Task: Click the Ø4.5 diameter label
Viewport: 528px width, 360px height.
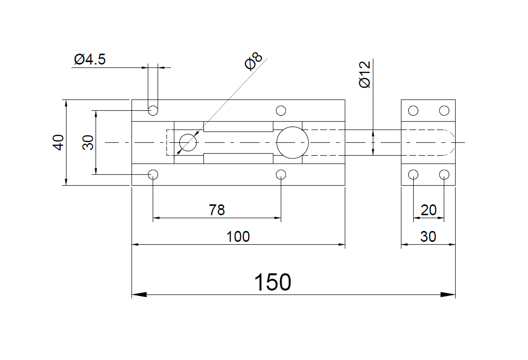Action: [90, 60]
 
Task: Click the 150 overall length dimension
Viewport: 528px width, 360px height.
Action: [272, 283]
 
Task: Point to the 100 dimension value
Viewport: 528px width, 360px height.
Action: [238, 236]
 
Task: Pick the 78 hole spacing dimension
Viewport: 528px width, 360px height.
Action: [217, 210]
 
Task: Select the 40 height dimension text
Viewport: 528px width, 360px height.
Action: [59, 142]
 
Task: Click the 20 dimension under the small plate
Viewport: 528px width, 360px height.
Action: [429, 210]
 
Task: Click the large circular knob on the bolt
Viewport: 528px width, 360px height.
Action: [292, 142]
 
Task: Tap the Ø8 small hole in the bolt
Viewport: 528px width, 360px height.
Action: [188, 143]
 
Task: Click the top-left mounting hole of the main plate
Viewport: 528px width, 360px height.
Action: [153, 110]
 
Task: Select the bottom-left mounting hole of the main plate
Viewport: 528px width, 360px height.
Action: [153, 174]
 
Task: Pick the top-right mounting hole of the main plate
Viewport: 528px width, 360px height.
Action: [281, 110]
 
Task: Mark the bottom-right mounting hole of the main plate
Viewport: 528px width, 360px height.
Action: [281, 174]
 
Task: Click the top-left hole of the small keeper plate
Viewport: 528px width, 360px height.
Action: [413, 110]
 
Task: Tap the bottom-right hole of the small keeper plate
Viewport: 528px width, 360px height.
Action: [444, 174]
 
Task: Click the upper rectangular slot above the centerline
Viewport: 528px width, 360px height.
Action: [238, 127]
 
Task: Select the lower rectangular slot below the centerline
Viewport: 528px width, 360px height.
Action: [238, 158]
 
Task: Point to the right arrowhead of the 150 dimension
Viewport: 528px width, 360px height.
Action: [448, 295]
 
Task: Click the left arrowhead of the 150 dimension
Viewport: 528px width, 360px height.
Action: [139, 295]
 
